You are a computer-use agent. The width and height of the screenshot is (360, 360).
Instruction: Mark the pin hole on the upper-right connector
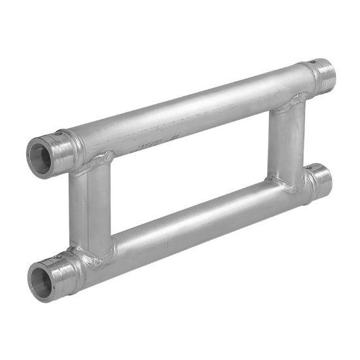(313, 63)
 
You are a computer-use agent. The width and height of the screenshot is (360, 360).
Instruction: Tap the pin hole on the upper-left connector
(58, 134)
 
